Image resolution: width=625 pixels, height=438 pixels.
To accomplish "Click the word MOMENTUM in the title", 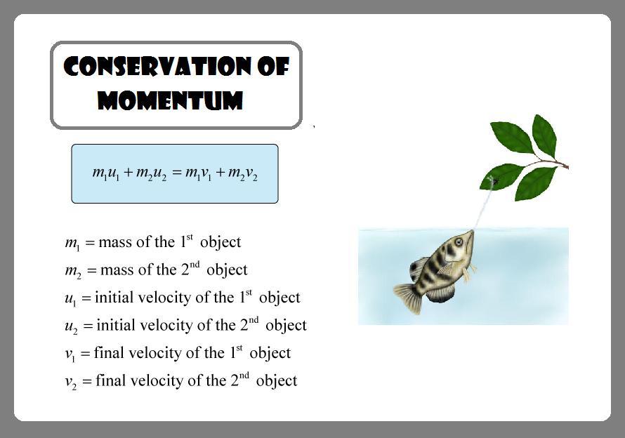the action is pyautogui.click(x=170, y=100).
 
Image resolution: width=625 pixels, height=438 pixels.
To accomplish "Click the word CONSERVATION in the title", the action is pyautogui.click(x=157, y=66).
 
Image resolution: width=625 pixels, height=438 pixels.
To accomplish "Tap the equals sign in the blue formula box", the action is pyautogui.click(x=178, y=173).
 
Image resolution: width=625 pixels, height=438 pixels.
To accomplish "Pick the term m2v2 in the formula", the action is pyautogui.click(x=243, y=174).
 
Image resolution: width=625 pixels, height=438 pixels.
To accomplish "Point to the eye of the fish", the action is pyautogui.click(x=459, y=241).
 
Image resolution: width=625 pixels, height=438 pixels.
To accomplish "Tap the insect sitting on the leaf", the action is pyautogui.click(x=494, y=182).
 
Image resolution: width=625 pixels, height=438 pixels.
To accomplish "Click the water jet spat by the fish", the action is pyautogui.click(x=483, y=207).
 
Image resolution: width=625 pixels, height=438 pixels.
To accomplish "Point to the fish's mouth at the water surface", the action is pyautogui.click(x=472, y=232).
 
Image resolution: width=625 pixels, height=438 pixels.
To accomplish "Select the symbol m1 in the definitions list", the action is pyautogui.click(x=72, y=243).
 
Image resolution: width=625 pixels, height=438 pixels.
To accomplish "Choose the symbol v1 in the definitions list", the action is pyautogui.click(x=70, y=354).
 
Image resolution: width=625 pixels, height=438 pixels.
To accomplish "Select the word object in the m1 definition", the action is pyautogui.click(x=221, y=243).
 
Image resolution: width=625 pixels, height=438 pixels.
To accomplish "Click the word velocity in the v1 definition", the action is pyautogui.click(x=155, y=354).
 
